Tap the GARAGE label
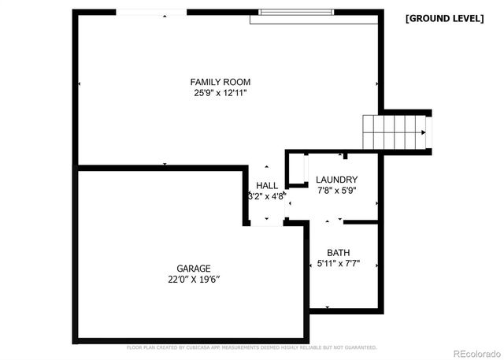(193, 269)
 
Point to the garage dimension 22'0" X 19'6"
(193, 280)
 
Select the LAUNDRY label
(337, 180)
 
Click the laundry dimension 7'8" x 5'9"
(337, 191)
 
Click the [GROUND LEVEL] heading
(444, 18)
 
